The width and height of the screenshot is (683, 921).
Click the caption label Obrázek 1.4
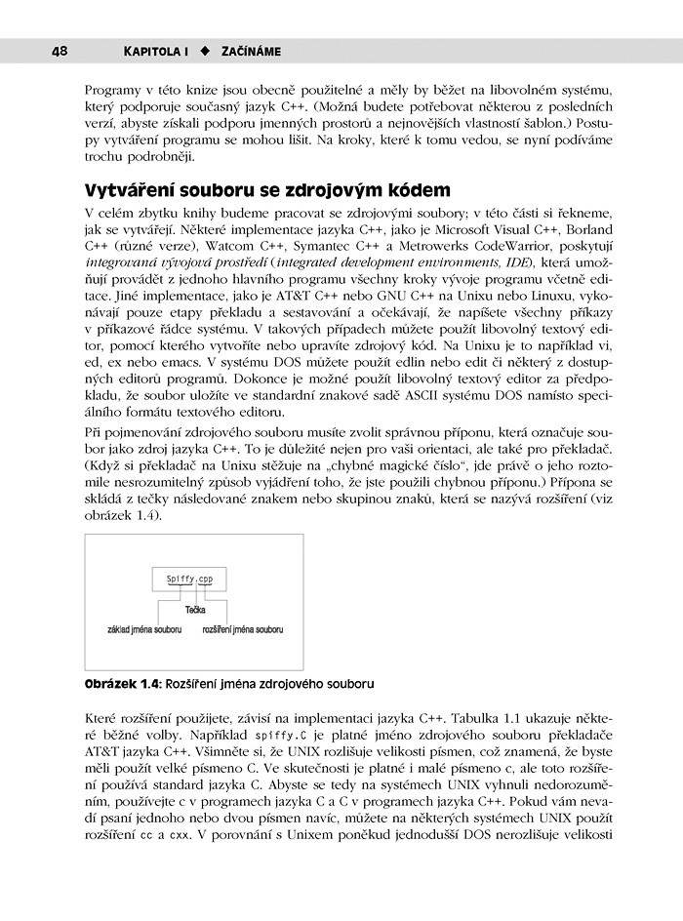tap(122, 684)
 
